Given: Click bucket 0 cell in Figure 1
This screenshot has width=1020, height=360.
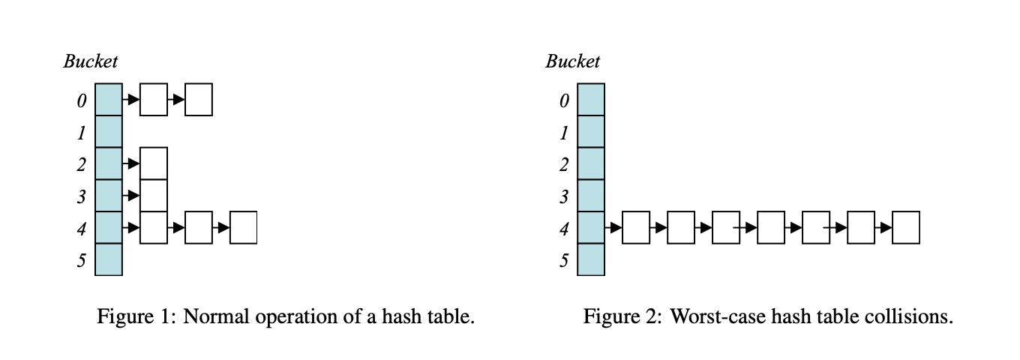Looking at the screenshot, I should pos(109,99).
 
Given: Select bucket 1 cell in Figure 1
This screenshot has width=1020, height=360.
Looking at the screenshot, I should pos(109,131).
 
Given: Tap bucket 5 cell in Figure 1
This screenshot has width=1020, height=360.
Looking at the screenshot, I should pos(109,259).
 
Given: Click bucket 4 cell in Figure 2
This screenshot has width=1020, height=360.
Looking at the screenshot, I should pos(590,227).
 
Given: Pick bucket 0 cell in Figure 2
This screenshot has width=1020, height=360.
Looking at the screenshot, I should pos(590,99).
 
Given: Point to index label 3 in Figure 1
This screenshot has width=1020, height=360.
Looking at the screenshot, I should pos(81,197).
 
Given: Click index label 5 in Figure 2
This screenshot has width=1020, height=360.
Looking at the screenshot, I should pos(563,261).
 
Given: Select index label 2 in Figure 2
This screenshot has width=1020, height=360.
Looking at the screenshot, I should pos(563,165).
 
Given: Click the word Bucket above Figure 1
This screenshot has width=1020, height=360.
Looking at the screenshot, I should pos(90,61).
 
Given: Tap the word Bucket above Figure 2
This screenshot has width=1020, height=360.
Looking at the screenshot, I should pos(572,61).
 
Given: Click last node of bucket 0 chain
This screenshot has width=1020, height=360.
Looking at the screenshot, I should pos(199,100).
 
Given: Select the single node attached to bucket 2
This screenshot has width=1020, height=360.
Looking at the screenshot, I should pos(154,163).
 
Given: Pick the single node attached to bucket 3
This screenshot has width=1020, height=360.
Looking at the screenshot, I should pos(154,196).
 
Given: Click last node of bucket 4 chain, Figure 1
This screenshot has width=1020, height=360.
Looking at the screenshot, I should pos(243,227).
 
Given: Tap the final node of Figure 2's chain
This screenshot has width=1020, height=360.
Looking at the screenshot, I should pos(905,227).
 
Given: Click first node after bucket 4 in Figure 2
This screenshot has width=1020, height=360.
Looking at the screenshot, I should pos(635,227).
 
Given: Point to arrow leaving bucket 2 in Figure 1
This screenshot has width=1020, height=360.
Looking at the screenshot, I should pos(131,163).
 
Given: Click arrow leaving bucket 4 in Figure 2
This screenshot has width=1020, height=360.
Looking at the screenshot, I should pos(613,227).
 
